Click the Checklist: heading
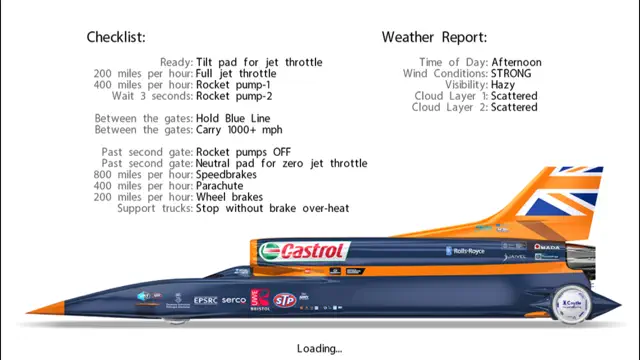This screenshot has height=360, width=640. tap(116, 38)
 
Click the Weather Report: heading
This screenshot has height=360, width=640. tap(434, 38)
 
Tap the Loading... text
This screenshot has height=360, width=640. tap(320, 348)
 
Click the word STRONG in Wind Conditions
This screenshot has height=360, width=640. tap(511, 74)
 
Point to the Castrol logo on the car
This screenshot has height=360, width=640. tap(302, 251)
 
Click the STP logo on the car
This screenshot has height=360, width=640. tap(285, 299)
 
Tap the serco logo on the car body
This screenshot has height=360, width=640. tap(234, 300)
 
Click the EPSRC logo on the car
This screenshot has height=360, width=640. tap(205, 300)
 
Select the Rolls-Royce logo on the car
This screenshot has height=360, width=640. tap(462, 251)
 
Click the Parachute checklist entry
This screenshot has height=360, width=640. tap(225, 186)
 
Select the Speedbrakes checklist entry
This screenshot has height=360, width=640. tap(231, 175)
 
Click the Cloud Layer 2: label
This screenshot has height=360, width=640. tap(449, 107)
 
